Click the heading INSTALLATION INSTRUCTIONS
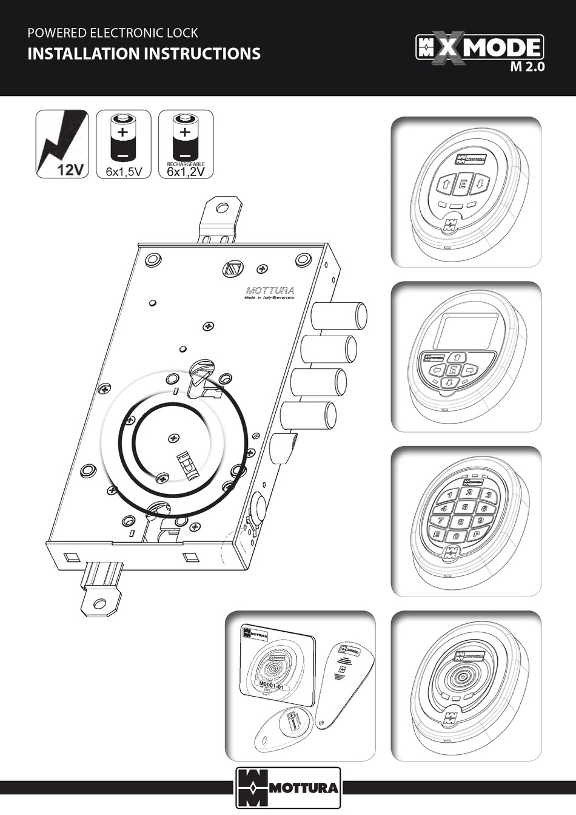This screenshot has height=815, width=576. [144, 54]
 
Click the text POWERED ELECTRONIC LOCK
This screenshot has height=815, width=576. [113, 33]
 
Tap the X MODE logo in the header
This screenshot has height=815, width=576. [479, 47]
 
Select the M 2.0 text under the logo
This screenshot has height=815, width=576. [527, 67]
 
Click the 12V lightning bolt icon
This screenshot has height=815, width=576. [62, 144]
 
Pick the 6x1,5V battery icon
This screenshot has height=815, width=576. [124, 144]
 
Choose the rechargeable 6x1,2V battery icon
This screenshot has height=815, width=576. [186, 144]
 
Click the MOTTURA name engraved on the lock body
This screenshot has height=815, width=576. [270, 289]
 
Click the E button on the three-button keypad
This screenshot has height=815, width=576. [462, 184]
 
